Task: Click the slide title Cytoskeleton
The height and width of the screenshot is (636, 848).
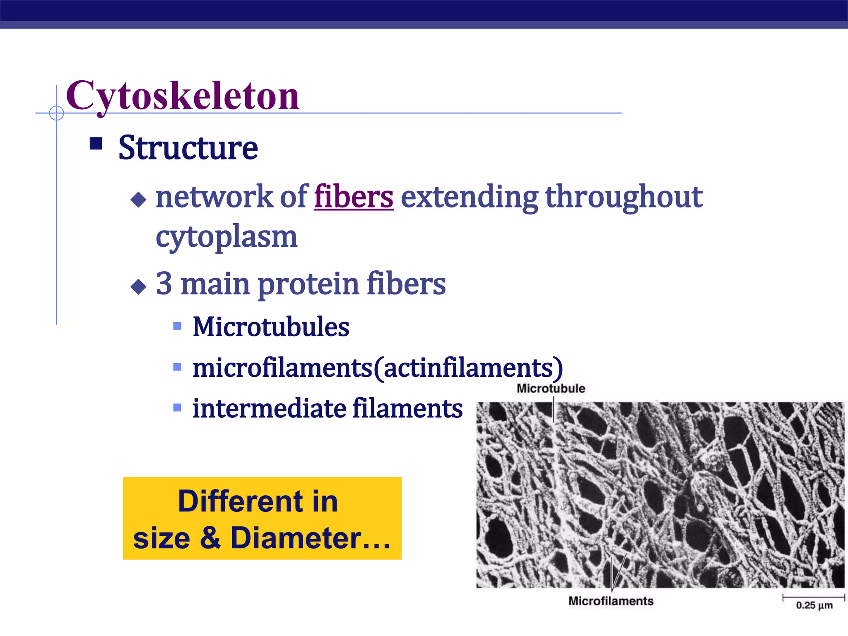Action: [x=182, y=96]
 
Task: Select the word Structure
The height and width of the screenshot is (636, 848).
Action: [x=188, y=148]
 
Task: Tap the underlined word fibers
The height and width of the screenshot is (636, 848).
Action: [x=354, y=197]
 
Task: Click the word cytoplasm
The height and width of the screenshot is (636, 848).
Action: [x=226, y=237]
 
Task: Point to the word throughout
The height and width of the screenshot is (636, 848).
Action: [x=624, y=197]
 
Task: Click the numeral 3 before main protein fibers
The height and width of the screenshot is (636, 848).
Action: [x=164, y=284]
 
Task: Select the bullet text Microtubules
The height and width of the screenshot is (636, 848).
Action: [x=271, y=327]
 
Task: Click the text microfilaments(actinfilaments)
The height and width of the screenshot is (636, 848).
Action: [x=378, y=367]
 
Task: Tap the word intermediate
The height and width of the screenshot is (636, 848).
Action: [x=270, y=409]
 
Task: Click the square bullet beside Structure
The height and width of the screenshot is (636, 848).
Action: [x=96, y=144]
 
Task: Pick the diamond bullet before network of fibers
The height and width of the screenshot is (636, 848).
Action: [x=138, y=200]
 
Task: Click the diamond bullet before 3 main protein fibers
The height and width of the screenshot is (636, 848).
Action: [x=138, y=287]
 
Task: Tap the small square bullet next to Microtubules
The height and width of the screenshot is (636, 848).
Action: [x=177, y=326]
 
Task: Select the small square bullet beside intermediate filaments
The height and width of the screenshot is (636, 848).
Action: [x=177, y=408]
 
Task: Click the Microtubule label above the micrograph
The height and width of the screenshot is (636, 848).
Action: [x=551, y=388]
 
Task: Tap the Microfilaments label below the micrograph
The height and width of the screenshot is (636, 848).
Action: [x=611, y=601]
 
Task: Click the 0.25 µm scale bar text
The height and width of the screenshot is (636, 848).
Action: [x=814, y=605]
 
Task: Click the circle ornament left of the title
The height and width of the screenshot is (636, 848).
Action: [x=57, y=113]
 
